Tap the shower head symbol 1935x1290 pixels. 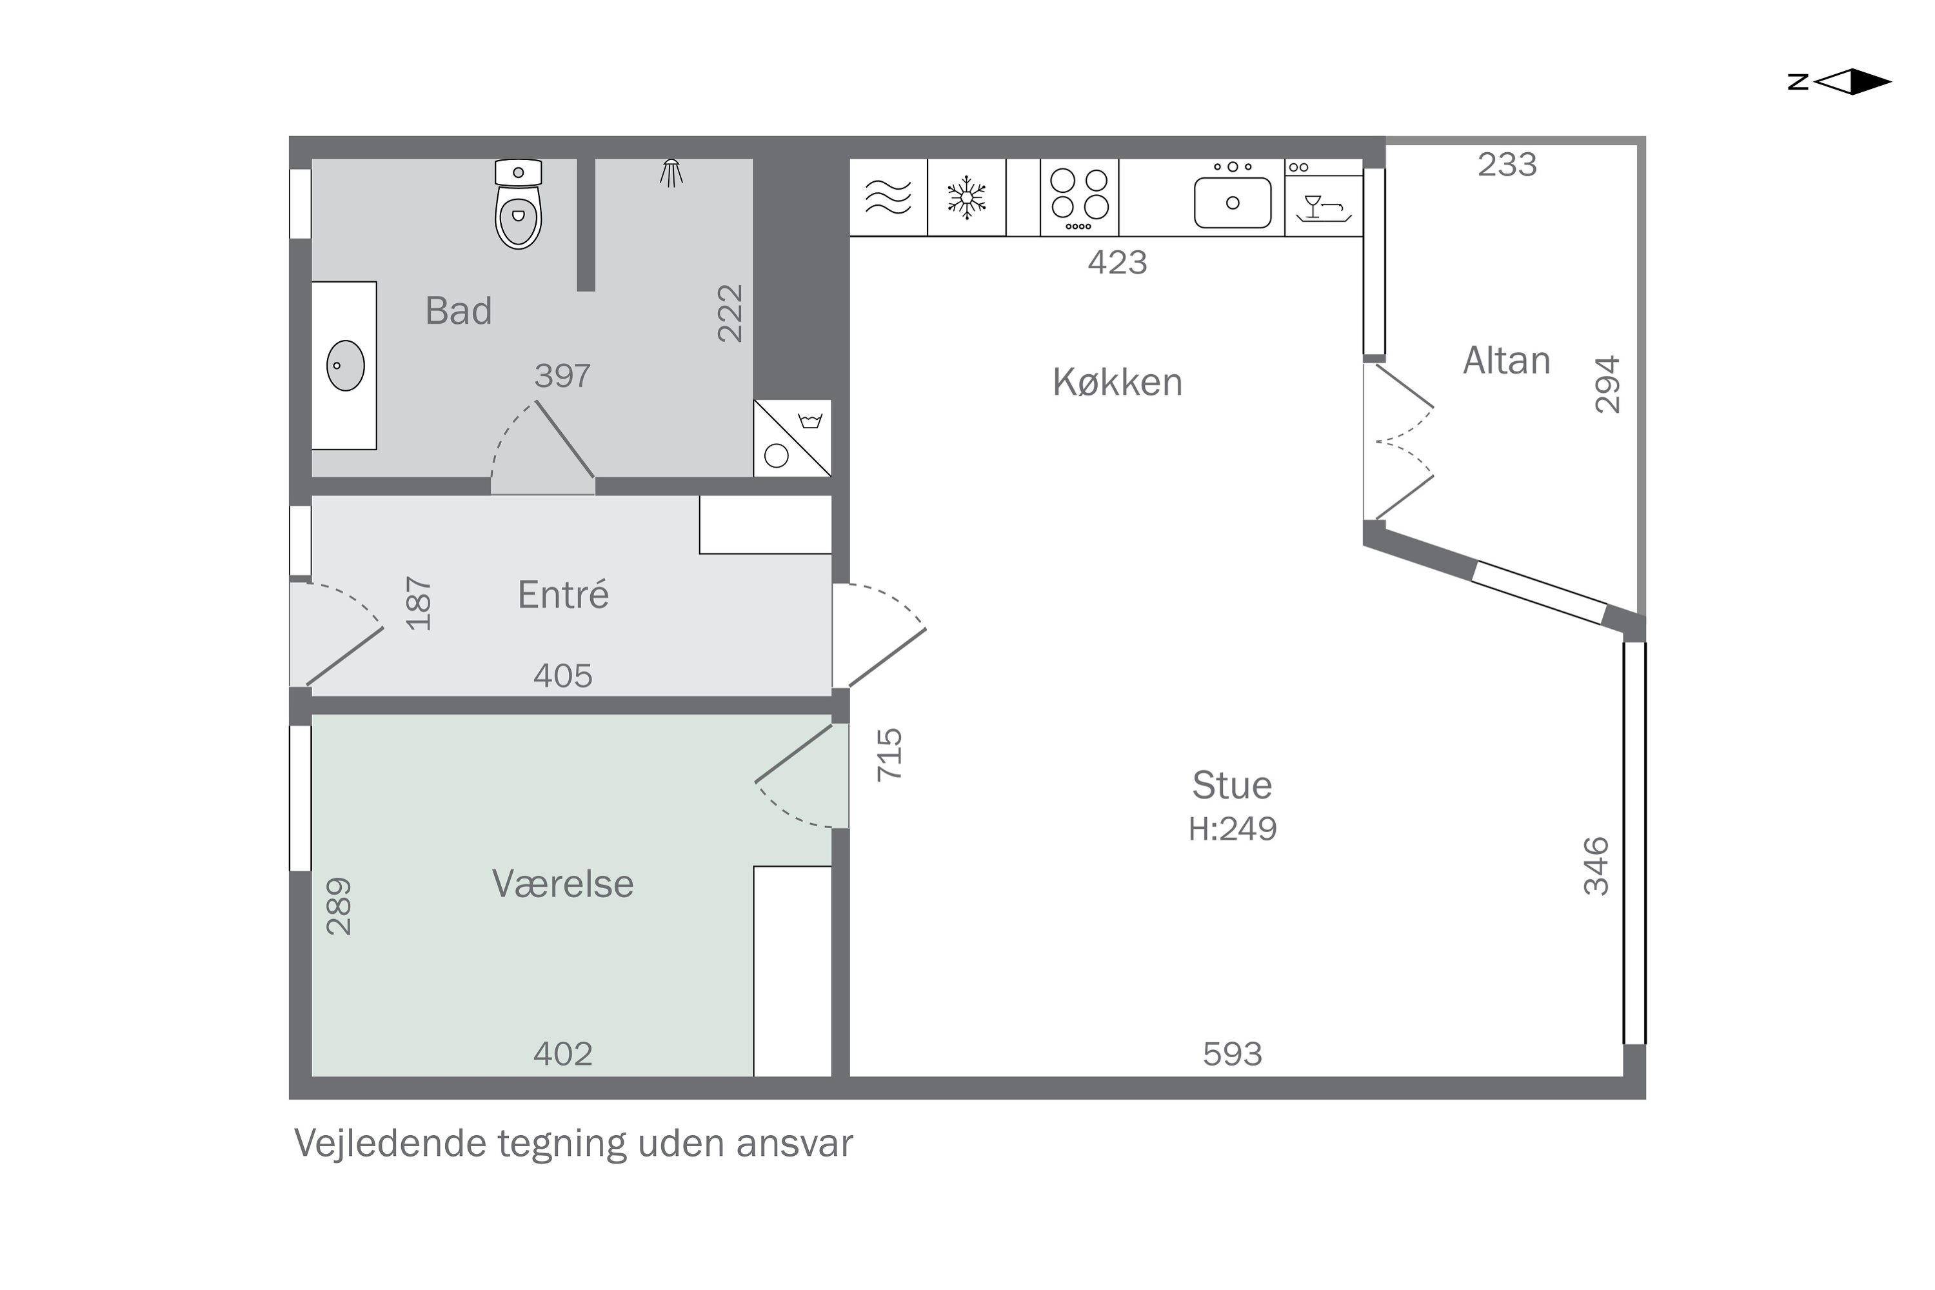(671, 173)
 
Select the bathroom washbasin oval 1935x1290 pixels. (346, 365)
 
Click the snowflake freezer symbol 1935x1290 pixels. (967, 197)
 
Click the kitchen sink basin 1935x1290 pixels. (1233, 203)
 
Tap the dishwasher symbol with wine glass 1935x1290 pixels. (1323, 206)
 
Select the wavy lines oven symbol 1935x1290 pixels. (889, 197)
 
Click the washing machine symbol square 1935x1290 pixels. (792, 439)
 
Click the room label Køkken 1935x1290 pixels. (1117, 382)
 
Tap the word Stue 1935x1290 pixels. (1231, 786)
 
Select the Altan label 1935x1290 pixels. (1506, 361)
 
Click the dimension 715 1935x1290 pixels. (890, 755)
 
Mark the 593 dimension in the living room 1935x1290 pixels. (1231, 1054)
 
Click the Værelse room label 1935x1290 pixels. (562, 884)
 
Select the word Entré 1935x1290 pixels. (562, 595)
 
